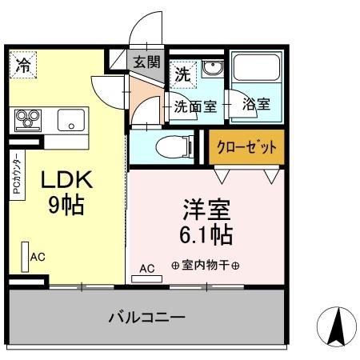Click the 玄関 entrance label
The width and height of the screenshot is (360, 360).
tap(146, 61)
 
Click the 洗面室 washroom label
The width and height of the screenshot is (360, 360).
tap(195, 105)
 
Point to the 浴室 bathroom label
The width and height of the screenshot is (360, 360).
tap(255, 104)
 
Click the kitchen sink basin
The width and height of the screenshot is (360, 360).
tap(71, 122)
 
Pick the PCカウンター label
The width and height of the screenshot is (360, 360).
tap(15, 177)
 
